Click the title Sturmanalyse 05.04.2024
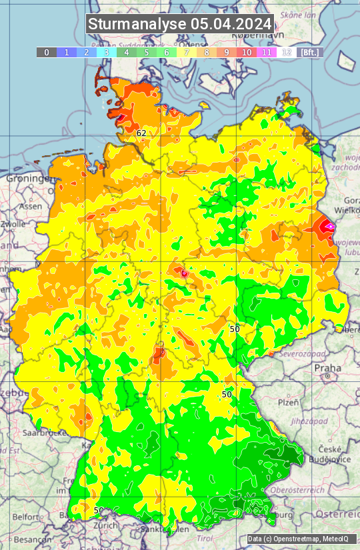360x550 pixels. [180, 24]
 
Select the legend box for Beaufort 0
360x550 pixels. [46, 52]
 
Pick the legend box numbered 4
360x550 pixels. [126, 52]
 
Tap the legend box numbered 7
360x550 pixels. [187, 52]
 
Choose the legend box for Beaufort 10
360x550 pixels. [247, 52]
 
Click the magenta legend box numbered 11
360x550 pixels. [267, 52]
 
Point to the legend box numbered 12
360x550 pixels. [287, 52]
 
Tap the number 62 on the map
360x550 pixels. [141, 133]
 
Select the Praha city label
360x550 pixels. [327, 368]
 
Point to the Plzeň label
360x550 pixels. [288, 403]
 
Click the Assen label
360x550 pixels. [30, 207]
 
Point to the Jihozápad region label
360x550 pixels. [292, 421]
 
